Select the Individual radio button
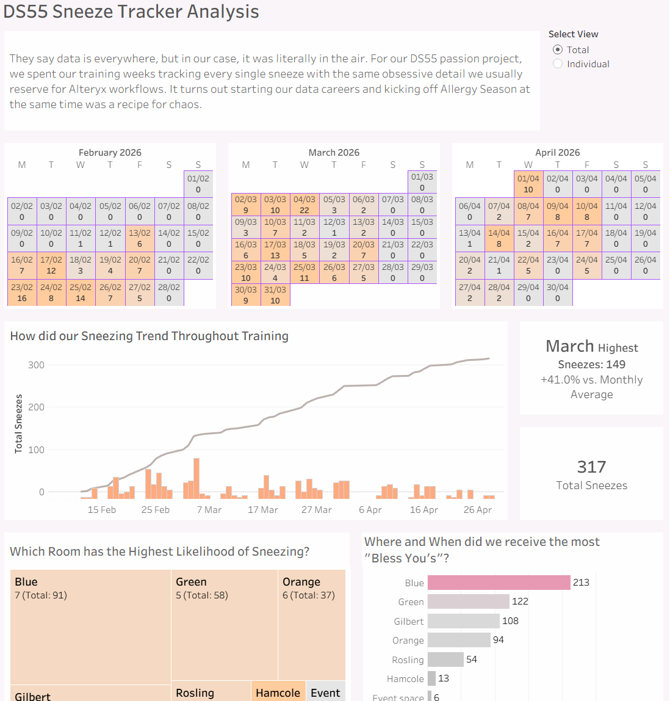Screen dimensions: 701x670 [558, 64]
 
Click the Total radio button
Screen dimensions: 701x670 [558, 50]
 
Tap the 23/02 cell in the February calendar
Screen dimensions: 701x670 [22, 292]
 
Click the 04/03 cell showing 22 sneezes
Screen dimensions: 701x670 [304, 205]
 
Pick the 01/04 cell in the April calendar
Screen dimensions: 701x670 [528, 184]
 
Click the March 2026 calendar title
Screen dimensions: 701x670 [334, 153]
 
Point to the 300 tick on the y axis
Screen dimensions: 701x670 [36, 365]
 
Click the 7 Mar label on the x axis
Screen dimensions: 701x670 [209, 510]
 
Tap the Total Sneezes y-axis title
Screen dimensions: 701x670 [19, 423]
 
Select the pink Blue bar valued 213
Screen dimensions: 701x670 [499, 583]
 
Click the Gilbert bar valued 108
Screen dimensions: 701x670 [463, 621]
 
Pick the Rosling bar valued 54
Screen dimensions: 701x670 [445, 659]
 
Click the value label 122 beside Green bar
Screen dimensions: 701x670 [520, 601]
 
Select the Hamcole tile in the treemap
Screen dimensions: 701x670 [278, 692]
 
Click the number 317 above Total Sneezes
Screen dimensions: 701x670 [591, 467]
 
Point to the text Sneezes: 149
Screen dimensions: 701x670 [591, 365]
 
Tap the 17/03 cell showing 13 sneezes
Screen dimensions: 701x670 [275, 250]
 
